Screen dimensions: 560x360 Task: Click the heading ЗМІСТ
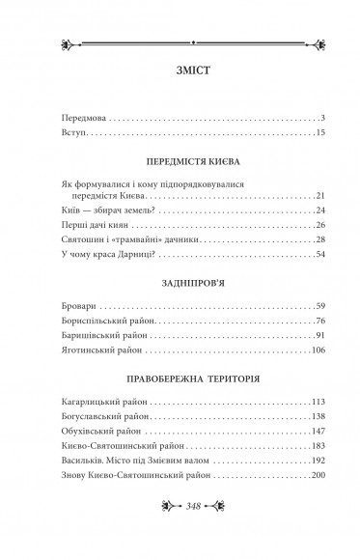[x=180, y=70]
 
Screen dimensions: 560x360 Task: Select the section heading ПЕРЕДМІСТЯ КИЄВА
[x=180, y=160]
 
